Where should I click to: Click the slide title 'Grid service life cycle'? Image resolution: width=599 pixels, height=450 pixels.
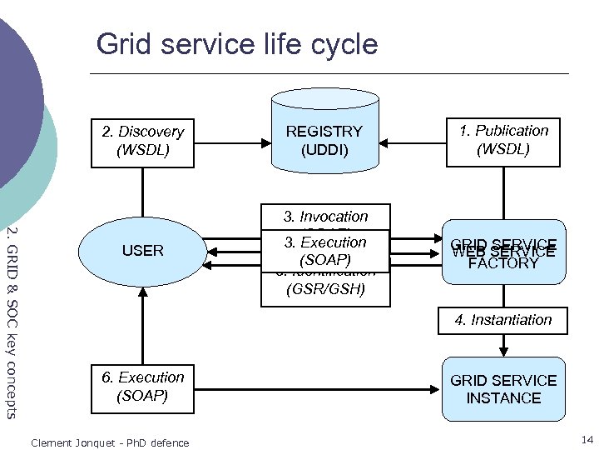[x=236, y=43]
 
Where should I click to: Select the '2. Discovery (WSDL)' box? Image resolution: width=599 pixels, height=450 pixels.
[x=142, y=142]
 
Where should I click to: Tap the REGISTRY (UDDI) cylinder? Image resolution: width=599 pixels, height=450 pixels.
[x=324, y=137]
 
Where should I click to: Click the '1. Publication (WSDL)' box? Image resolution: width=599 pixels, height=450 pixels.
[x=502, y=141]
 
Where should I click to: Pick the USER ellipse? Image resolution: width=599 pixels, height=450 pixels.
[x=142, y=250]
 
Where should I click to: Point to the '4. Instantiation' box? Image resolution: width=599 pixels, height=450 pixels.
[x=502, y=320]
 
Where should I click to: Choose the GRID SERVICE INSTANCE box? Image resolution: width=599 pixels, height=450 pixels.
[x=502, y=389]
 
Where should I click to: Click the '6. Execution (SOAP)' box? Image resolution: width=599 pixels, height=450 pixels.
[x=142, y=387]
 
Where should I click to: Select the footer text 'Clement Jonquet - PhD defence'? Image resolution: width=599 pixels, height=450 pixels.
[x=109, y=442]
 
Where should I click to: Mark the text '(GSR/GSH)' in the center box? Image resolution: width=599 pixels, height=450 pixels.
[x=324, y=290]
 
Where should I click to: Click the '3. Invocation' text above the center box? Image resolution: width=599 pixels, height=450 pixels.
[x=325, y=216]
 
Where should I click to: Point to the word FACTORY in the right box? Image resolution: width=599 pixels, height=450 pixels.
[x=502, y=264]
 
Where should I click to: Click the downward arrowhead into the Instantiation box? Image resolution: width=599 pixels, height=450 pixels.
[x=502, y=304]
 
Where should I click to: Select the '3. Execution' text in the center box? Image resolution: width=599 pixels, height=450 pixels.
[x=325, y=242]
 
